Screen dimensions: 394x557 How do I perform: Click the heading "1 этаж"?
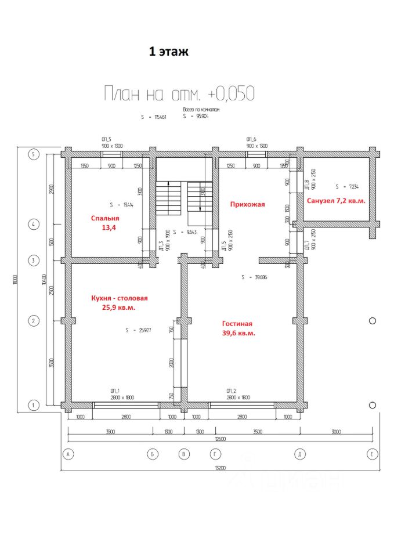(169, 52)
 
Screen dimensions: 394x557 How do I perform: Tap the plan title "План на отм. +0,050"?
(178, 93)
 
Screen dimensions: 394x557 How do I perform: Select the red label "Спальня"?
(105, 219)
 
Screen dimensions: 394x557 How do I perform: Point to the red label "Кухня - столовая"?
(119, 298)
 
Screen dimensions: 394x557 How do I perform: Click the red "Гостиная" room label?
(237, 324)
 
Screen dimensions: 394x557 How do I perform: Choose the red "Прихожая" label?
(247, 204)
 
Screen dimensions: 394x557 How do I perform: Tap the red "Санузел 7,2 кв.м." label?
(337, 200)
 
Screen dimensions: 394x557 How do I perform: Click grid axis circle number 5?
(34, 154)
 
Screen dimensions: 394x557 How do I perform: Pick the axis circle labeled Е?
(371, 454)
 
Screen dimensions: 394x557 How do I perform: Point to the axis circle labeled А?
(68, 454)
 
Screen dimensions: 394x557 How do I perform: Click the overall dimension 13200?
(219, 468)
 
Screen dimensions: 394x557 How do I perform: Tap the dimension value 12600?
(219, 439)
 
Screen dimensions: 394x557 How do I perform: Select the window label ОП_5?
(106, 140)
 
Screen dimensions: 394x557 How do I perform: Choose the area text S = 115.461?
(153, 117)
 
